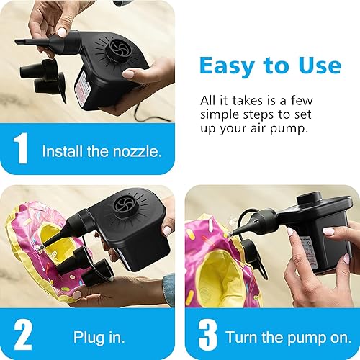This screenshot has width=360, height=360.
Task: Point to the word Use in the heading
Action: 315,66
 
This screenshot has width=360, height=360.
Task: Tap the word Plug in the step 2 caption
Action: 88,337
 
